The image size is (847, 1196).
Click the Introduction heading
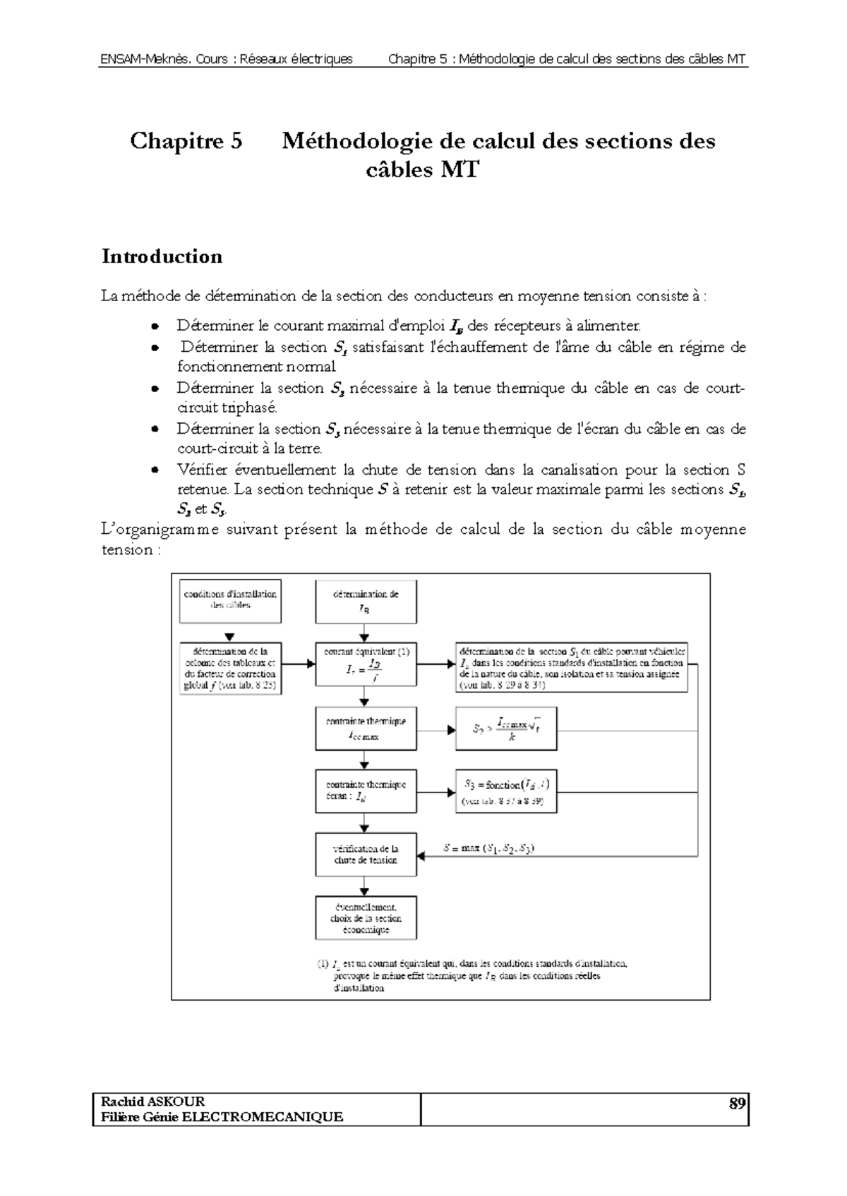point(162,256)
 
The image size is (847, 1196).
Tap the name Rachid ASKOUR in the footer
point(152,1102)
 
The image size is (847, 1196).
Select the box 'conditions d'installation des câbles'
point(230,600)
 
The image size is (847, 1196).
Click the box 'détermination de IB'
point(366,602)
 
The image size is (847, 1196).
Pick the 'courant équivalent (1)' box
point(366,664)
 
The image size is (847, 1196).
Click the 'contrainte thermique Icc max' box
point(366,728)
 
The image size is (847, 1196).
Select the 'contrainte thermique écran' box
point(366,791)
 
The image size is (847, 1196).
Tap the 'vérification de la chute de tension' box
point(366,854)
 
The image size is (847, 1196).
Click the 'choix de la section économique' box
point(366,917)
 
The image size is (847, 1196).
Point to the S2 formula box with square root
point(506,728)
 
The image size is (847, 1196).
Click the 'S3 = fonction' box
point(506,791)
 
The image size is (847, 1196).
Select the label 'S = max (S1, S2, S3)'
point(488,848)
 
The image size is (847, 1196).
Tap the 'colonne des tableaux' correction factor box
point(230,668)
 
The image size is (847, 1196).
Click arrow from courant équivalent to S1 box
point(435,664)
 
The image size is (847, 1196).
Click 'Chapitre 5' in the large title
point(186,141)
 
